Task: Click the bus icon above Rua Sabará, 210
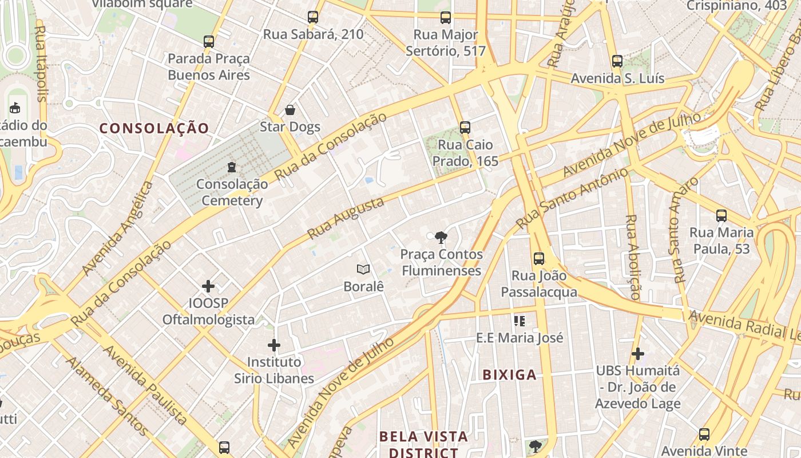[312, 17]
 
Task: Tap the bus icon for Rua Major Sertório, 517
[446, 18]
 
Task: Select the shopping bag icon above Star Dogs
[290, 109]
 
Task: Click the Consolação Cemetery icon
[232, 167]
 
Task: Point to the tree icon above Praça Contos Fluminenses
[441, 237]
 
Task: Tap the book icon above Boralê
[363, 269]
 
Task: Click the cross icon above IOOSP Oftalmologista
[208, 286]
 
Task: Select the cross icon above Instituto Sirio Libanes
[274, 345]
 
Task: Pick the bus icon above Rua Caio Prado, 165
[465, 128]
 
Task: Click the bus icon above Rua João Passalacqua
[539, 258]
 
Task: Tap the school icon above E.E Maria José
[520, 321]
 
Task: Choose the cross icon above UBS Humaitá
[638, 354]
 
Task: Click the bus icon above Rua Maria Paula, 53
[721, 216]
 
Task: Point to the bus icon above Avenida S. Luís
[617, 61]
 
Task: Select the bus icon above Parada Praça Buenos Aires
[209, 42]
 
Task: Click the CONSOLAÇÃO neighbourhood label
[155, 128]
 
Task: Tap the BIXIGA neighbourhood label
[510, 375]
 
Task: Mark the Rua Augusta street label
[346, 219]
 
